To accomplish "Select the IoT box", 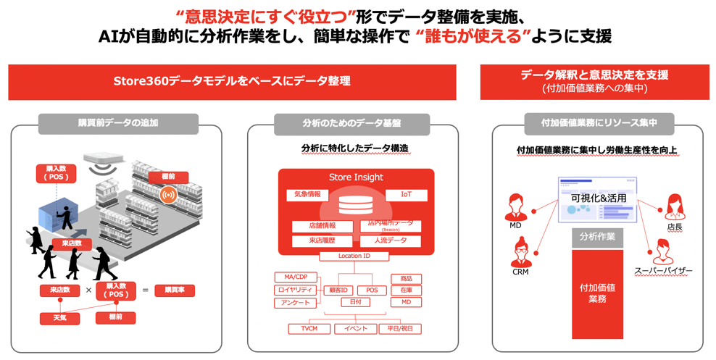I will pos(406,195).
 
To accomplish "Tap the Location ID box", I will pos(354,256).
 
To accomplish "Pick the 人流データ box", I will pos(391,240).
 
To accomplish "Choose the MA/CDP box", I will pos(296,277).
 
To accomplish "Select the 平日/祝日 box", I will pos(399,328).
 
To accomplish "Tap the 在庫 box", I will pos(406,290).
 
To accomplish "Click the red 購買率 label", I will pos(175,290).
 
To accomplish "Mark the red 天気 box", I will pos(60,317).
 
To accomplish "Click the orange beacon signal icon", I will pos(168,195).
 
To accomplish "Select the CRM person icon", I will pos(520,252).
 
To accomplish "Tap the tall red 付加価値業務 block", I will pos(597,293).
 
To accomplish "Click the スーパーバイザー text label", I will pos(662,271).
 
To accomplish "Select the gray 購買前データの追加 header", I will pos(118,123).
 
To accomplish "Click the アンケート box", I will pos(296,303).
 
